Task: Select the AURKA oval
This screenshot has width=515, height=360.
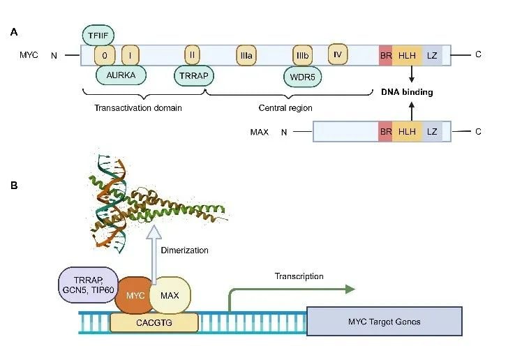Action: coord(115,75)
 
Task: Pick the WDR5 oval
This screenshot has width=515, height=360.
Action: coord(302,75)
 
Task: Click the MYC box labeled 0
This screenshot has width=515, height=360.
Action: coord(105,54)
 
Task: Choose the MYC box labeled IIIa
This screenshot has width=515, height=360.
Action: coord(246,54)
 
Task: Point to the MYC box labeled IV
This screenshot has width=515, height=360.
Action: coord(338,53)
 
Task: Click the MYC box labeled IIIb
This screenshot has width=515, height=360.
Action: coord(303,54)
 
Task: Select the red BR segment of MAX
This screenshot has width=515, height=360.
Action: coord(385,131)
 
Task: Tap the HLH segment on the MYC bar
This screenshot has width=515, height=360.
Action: coord(406,54)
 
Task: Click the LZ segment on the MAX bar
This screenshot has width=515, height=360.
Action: coord(432,131)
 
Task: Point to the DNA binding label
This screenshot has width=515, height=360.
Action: coord(407,91)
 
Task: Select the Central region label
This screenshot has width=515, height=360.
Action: coord(285,108)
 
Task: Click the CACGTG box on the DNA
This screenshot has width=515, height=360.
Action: coord(154,322)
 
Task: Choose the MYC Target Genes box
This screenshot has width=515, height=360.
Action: coord(384,321)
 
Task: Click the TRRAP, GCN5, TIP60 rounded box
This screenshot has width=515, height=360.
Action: coord(87,285)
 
